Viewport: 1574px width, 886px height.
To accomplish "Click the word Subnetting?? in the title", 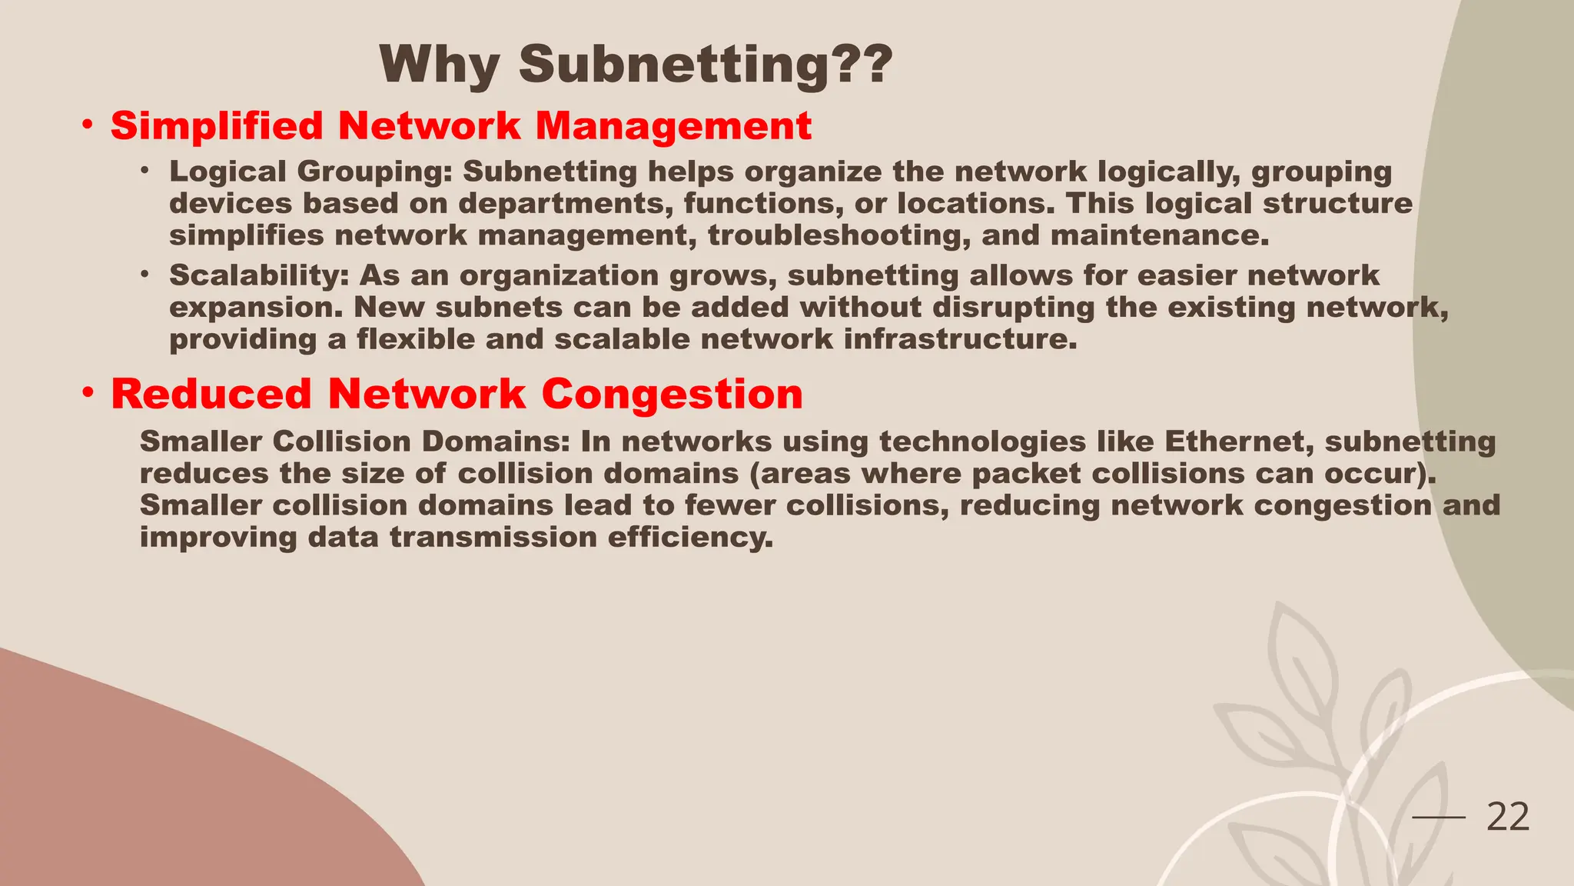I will (x=706, y=65).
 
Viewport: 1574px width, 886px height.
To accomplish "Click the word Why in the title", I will (x=439, y=65).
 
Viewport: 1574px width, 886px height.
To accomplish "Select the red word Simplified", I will (x=217, y=126).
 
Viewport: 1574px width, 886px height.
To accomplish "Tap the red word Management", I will (x=673, y=126).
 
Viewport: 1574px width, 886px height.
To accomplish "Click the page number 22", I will (x=1508, y=817).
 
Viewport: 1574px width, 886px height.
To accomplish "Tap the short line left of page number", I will (x=1439, y=818).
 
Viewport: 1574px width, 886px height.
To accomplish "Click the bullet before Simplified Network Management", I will (x=89, y=125).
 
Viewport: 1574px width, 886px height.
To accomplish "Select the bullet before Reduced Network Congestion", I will (x=89, y=393).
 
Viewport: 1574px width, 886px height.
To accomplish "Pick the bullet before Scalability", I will (x=144, y=275).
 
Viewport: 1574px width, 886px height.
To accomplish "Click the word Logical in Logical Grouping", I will (x=227, y=172).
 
